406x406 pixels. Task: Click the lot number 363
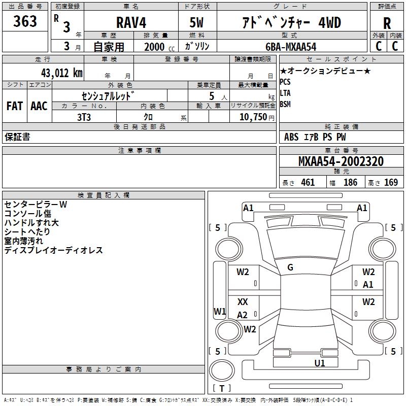coord(25,22)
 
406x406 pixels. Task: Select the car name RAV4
coord(130,23)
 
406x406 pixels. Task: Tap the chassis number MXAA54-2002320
coord(341,161)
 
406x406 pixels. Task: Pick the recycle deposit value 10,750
coord(249,117)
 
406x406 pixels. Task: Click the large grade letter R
coord(387,23)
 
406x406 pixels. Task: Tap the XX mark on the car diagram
coord(243,302)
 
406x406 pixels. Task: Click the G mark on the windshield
coord(290,267)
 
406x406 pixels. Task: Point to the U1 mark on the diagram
coord(319,363)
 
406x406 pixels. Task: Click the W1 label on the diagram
coord(219,311)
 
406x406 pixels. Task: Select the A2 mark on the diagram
coord(242,315)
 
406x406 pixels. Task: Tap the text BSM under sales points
coord(285,104)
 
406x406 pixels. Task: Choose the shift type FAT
coord(14,106)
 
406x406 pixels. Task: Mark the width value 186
coord(350,183)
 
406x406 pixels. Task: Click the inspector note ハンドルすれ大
coord(31,223)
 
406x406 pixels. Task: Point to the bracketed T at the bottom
coord(222,388)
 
